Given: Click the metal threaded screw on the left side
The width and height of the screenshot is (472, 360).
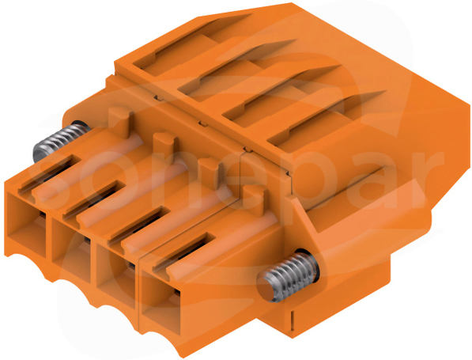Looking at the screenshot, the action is pyautogui.click(x=60, y=141).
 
